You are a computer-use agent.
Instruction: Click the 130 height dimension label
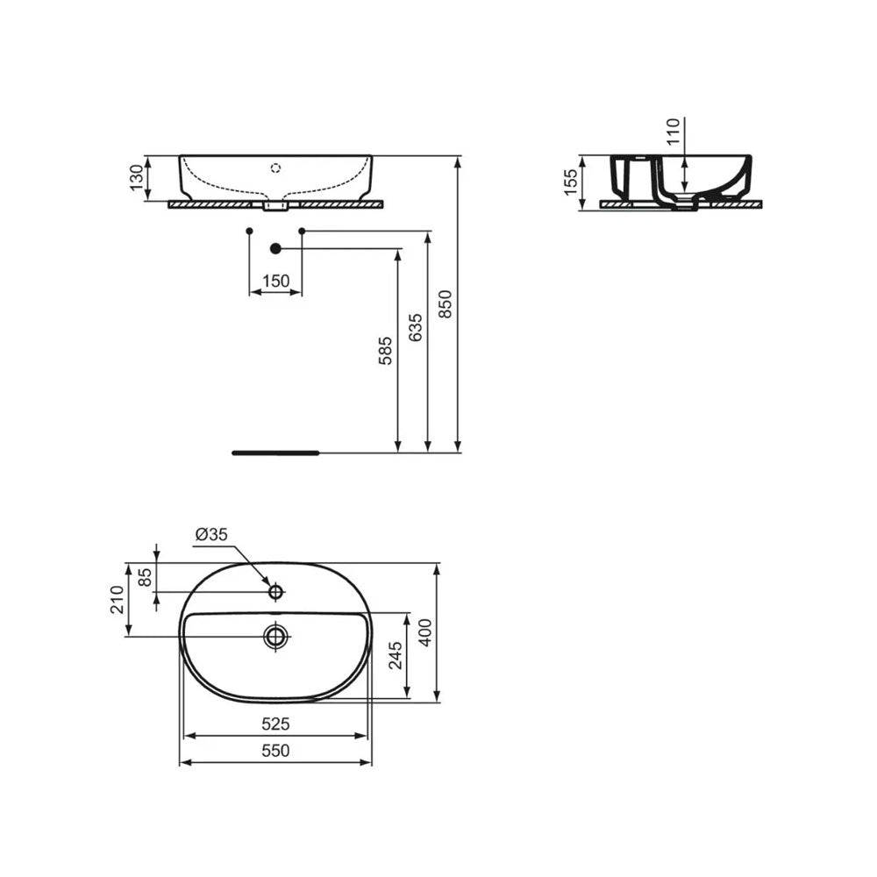[136, 178]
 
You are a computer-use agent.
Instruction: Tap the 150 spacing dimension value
[275, 281]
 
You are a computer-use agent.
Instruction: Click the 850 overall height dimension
[446, 304]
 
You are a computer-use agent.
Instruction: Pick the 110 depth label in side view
[674, 132]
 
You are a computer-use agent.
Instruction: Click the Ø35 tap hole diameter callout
[211, 534]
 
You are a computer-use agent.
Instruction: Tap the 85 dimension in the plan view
[145, 579]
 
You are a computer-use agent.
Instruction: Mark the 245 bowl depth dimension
[395, 656]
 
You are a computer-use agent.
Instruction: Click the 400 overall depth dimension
[425, 631]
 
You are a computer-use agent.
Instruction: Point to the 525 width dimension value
[275, 724]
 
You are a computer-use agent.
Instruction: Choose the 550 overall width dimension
[275, 751]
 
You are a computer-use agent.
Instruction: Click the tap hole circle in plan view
[275, 592]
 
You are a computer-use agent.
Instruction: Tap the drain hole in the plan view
[275, 635]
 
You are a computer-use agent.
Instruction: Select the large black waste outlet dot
[275, 249]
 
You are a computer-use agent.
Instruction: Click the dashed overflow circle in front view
[275, 167]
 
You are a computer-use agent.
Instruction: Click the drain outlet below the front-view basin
[275, 206]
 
